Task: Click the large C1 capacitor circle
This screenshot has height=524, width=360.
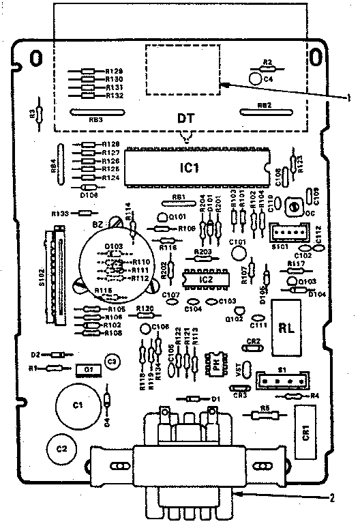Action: pos(78,405)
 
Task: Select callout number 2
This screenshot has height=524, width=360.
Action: pos(332,497)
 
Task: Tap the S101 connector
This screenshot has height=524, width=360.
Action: pos(285,233)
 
